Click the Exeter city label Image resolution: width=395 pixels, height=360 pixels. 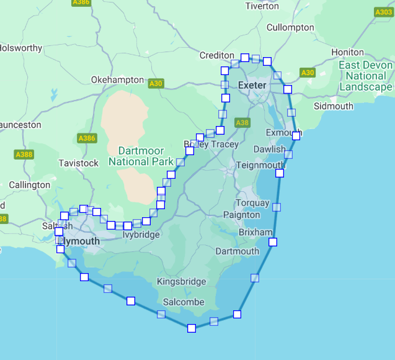(252, 85)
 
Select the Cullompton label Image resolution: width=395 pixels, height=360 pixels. (290, 27)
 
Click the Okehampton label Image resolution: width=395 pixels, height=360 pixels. (117, 80)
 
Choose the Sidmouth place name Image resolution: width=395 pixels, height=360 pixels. (334, 106)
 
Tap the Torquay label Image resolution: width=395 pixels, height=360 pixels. (253, 203)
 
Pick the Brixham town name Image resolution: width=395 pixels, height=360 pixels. (255, 232)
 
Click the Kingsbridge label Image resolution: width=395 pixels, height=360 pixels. (181, 282)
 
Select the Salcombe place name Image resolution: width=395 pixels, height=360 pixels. (184, 302)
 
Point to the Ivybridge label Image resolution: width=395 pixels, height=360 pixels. (141, 235)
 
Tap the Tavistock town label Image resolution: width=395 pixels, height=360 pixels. (79, 163)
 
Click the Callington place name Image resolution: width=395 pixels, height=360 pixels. (30, 185)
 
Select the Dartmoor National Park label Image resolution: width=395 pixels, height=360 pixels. (141, 156)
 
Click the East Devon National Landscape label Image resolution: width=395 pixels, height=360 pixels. (366, 76)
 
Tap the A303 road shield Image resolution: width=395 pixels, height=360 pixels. (384, 12)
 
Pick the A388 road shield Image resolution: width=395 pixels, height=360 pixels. (24, 154)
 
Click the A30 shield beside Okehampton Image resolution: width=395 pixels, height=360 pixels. (156, 83)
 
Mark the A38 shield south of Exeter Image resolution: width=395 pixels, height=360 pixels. (242, 123)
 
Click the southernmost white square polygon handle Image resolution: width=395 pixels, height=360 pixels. (192, 328)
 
